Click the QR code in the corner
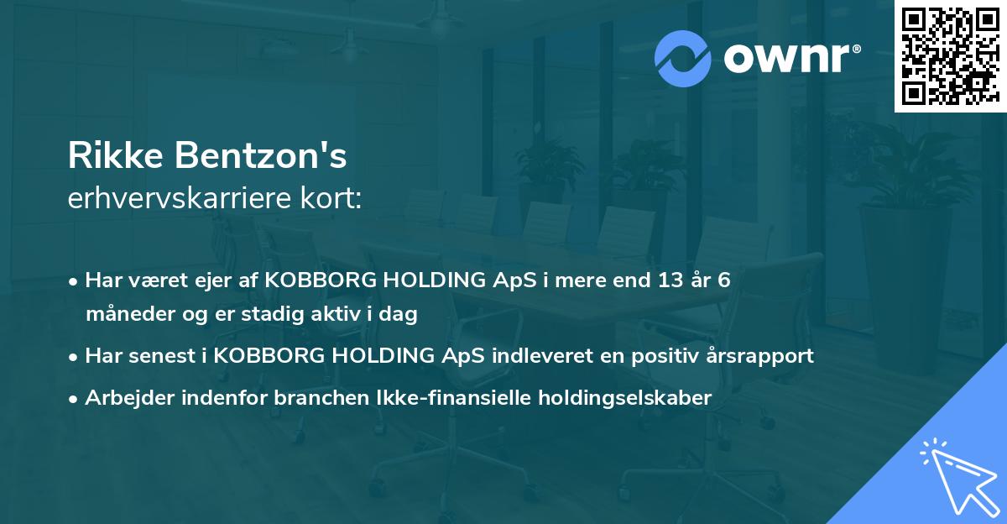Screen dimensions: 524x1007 point(950,55)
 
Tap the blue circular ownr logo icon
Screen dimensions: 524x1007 point(682,59)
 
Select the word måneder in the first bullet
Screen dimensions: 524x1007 point(123,314)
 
